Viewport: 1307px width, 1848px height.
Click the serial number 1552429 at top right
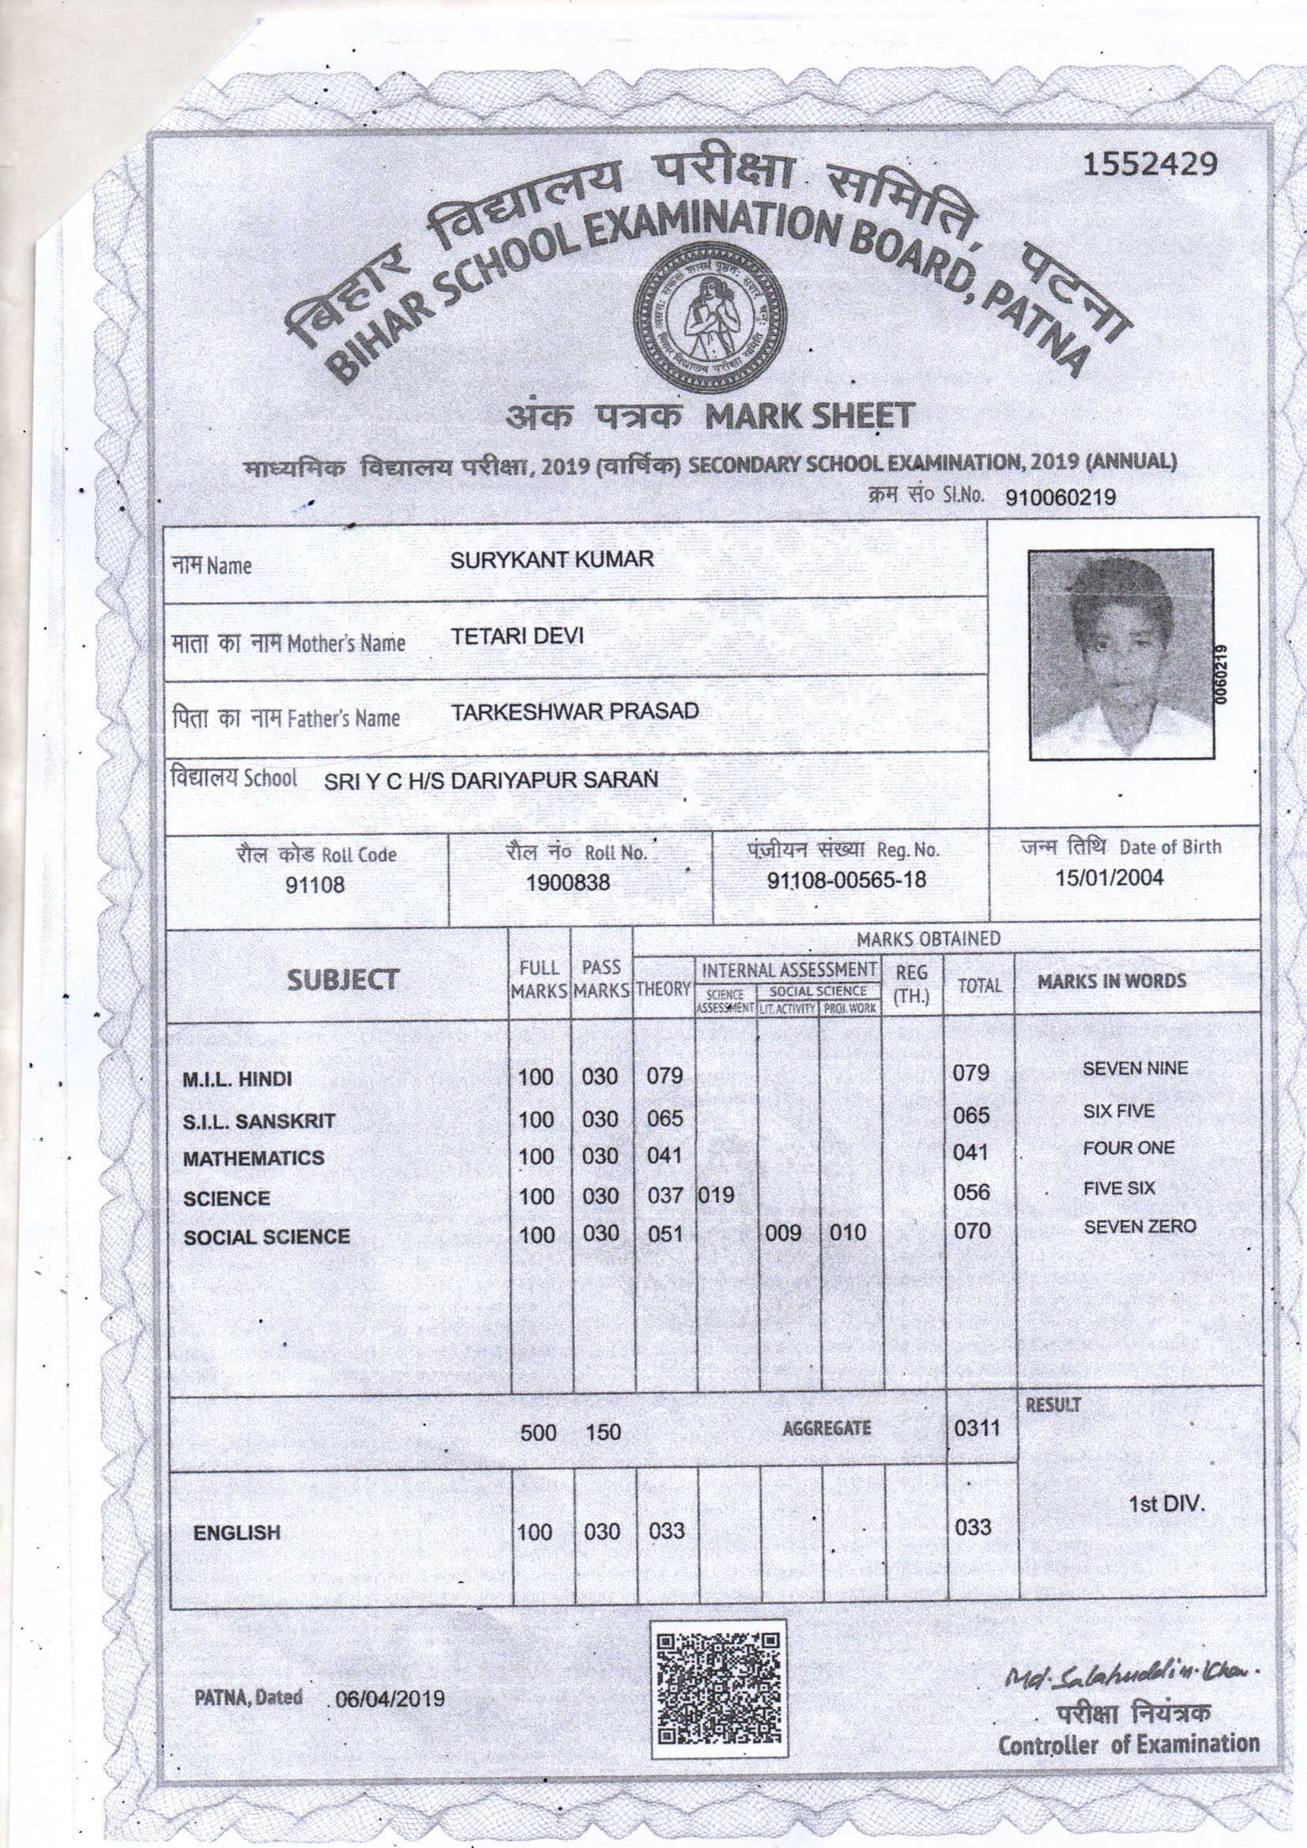(1148, 164)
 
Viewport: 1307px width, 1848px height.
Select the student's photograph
(1121, 654)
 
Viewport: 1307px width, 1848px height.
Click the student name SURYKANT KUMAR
(552, 560)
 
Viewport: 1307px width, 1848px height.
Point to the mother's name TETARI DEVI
(517, 635)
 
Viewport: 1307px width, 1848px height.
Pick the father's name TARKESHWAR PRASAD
(574, 711)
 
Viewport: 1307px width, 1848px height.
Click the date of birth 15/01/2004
(1109, 877)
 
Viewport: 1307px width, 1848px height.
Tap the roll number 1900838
(567, 883)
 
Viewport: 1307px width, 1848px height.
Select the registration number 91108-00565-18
(846, 880)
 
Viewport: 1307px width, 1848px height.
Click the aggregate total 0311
(977, 1427)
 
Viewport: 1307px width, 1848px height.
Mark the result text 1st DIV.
(1166, 1503)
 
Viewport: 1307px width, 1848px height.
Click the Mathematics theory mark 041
(665, 1156)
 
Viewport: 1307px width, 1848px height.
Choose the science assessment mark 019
(716, 1195)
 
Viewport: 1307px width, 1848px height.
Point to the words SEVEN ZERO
(1139, 1227)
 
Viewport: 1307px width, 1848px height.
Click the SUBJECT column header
(343, 979)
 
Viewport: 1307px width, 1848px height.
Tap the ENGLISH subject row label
(236, 1533)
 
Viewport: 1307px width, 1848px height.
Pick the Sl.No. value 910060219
(1060, 497)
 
